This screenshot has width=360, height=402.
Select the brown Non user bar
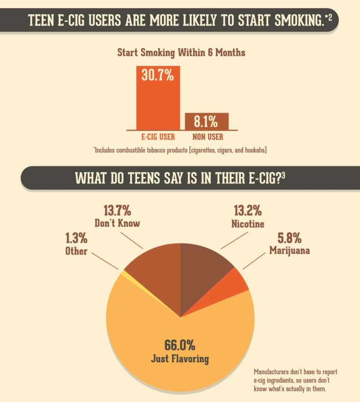point(207,121)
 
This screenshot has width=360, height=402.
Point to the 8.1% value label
point(206,122)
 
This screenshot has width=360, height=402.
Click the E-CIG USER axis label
point(158,137)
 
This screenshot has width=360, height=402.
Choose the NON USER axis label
point(207,137)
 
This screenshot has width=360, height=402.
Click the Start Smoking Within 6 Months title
point(181,53)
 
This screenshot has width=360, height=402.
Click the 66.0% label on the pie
point(180,345)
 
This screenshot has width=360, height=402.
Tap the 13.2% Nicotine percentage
point(247,211)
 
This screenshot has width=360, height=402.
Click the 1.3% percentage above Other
point(76,238)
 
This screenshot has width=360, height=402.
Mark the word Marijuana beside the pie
point(289,250)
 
